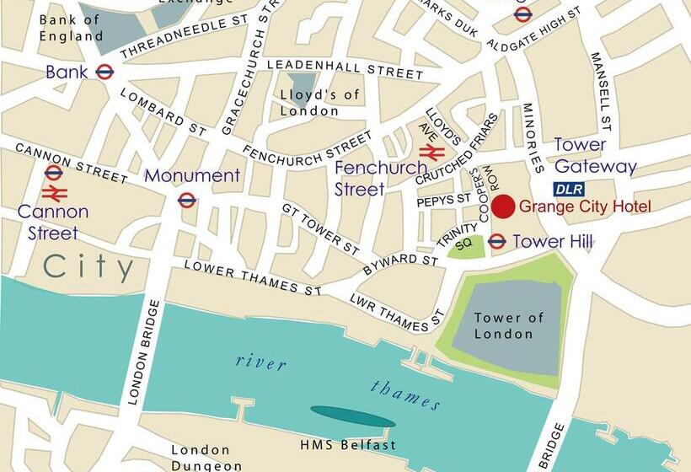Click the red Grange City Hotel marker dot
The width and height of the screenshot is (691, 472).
(x=503, y=206)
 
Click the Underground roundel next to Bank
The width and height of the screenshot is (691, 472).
(x=104, y=72)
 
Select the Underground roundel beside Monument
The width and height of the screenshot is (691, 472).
(x=187, y=200)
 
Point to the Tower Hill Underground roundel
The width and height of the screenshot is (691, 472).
(x=497, y=242)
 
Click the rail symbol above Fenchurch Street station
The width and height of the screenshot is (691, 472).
(x=431, y=153)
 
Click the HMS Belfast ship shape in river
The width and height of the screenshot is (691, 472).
(x=352, y=416)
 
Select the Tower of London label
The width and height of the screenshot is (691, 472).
(x=508, y=325)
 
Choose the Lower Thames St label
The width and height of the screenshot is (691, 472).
(x=254, y=278)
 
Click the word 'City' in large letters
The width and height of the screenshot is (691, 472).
(x=88, y=268)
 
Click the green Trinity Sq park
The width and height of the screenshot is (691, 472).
(x=466, y=247)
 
